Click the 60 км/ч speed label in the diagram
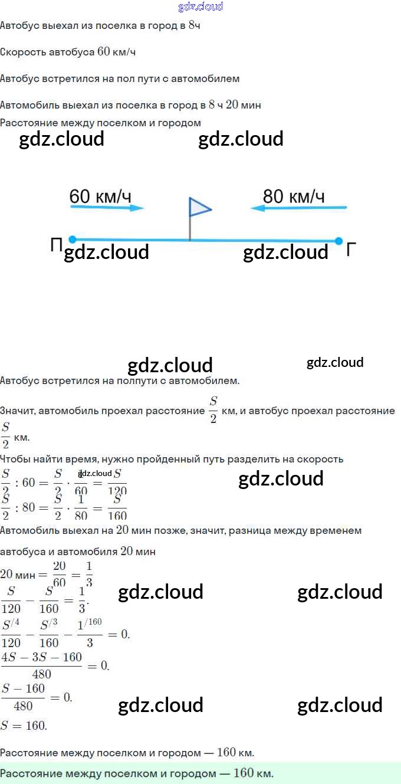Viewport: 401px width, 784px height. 100,196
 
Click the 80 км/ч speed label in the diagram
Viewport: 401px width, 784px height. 293,196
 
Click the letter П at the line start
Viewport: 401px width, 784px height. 57,245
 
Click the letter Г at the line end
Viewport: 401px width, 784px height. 351,250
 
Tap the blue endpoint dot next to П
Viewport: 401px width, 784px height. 73,240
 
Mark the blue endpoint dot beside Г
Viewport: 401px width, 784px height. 338,241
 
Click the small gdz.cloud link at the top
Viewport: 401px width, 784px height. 200,6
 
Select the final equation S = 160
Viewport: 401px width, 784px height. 24,726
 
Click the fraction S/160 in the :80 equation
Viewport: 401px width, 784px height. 117,507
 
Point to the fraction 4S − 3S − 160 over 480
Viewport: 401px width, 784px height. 41,665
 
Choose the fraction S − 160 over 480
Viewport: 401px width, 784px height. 23,697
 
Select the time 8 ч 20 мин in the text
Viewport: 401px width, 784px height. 235,105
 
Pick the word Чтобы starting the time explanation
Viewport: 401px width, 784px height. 14,459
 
